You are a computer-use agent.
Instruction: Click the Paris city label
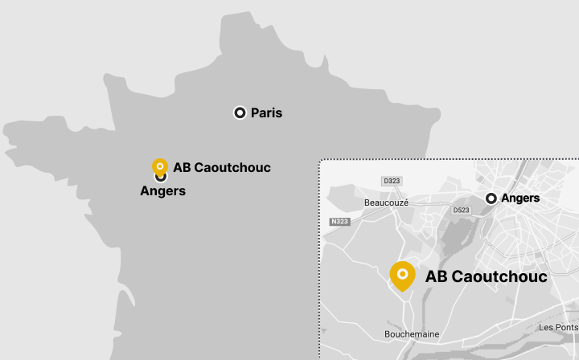tap(266, 113)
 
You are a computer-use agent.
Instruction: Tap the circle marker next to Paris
tap(240, 113)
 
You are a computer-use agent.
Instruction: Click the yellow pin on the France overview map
tap(160, 167)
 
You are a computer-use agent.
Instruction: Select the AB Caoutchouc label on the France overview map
tap(222, 168)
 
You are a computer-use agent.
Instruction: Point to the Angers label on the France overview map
tap(162, 191)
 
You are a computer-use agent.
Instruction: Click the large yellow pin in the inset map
tap(402, 276)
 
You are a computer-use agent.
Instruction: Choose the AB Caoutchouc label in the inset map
tap(486, 276)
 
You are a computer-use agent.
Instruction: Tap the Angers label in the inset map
tap(519, 198)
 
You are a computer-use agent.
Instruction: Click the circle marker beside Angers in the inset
tap(491, 198)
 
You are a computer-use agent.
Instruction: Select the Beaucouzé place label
tap(386, 202)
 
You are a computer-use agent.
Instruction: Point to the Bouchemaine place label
tap(412, 333)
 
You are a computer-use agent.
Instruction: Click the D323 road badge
tap(392, 182)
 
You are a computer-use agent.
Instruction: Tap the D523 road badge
tap(461, 211)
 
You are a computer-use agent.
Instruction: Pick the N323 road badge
tap(339, 221)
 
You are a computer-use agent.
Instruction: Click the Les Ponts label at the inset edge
tap(558, 327)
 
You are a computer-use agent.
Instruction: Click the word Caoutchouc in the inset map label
tap(499, 276)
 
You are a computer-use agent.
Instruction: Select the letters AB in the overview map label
tap(182, 168)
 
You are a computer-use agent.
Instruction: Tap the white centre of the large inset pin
tap(402, 274)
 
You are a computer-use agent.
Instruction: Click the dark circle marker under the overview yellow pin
tap(161, 177)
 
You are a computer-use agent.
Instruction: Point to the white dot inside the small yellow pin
tap(160, 166)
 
